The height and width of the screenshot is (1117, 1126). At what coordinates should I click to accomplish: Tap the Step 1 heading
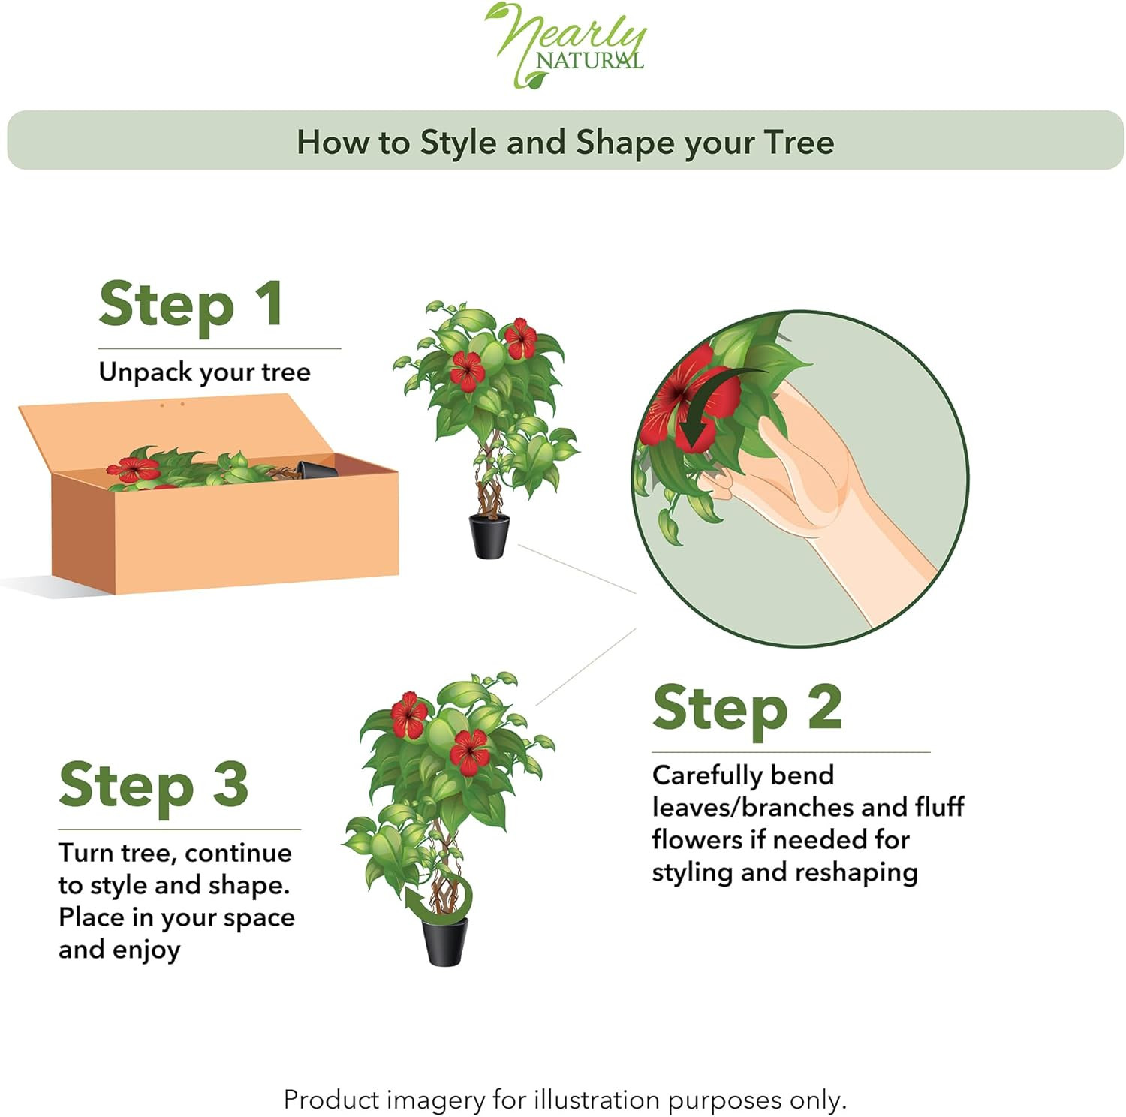pyautogui.click(x=191, y=304)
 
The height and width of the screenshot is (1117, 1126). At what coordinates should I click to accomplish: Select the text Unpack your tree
pyautogui.click(x=204, y=372)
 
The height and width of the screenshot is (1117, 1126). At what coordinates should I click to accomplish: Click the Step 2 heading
pyautogui.click(x=747, y=708)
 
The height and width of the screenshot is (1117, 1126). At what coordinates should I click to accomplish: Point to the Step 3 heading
pyautogui.click(x=153, y=785)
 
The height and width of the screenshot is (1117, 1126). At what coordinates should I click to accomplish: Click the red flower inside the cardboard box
pyautogui.click(x=133, y=469)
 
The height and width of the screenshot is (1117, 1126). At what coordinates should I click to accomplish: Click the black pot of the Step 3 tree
pyautogui.click(x=445, y=941)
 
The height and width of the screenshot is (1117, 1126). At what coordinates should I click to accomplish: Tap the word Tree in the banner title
pyautogui.click(x=799, y=143)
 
